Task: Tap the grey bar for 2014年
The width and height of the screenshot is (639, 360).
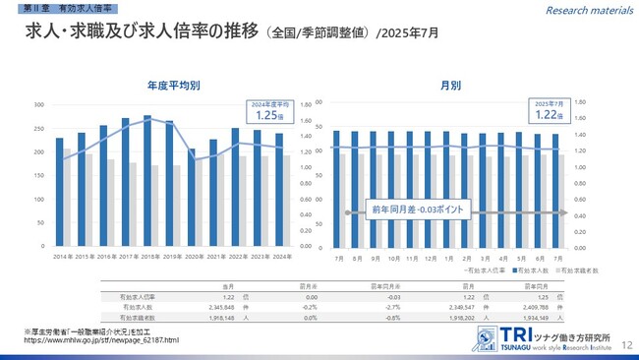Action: point(67,198)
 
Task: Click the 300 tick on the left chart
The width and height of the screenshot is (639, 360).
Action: point(39,104)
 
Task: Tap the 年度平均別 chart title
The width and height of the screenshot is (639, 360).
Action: point(174,86)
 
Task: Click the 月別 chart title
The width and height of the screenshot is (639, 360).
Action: point(451,86)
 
